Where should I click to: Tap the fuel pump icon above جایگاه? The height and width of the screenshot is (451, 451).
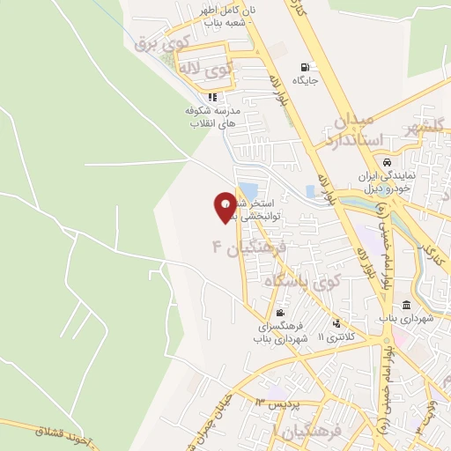point(306,67)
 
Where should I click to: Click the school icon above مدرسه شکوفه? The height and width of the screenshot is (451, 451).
point(211,97)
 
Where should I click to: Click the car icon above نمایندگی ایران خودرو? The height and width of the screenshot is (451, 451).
point(387,162)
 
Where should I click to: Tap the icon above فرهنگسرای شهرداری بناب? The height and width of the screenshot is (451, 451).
point(279,313)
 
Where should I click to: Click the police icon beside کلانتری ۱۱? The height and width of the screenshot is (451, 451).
point(336,322)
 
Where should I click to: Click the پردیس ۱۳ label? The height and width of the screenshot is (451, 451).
point(278,403)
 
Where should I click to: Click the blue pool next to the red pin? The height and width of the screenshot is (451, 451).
point(248,190)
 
